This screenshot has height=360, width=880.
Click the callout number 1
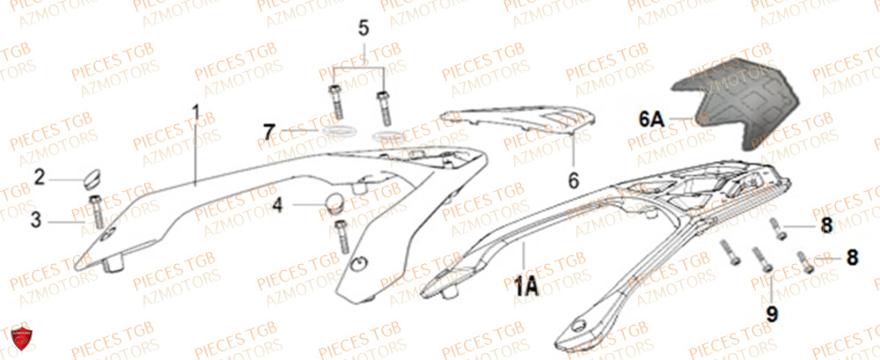tap(196, 114)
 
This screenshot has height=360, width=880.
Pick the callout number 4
tap(277, 208)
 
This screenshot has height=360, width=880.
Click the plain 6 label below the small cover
tap(573, 180)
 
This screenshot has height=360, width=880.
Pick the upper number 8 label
tap(825, 227)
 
